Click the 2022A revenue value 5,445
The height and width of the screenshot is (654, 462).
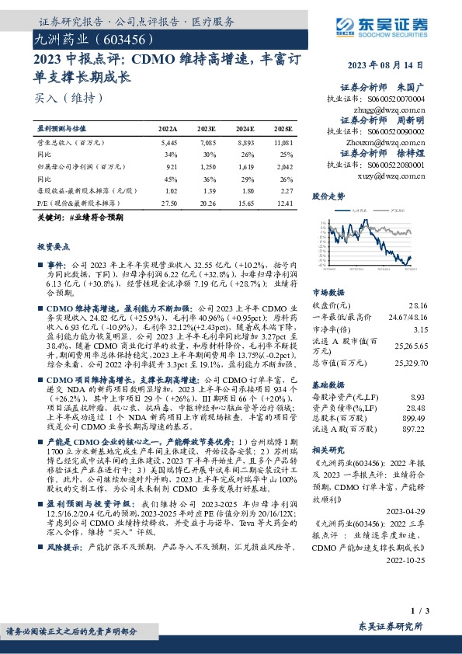168,143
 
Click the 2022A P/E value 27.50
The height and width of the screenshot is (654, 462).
168,203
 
